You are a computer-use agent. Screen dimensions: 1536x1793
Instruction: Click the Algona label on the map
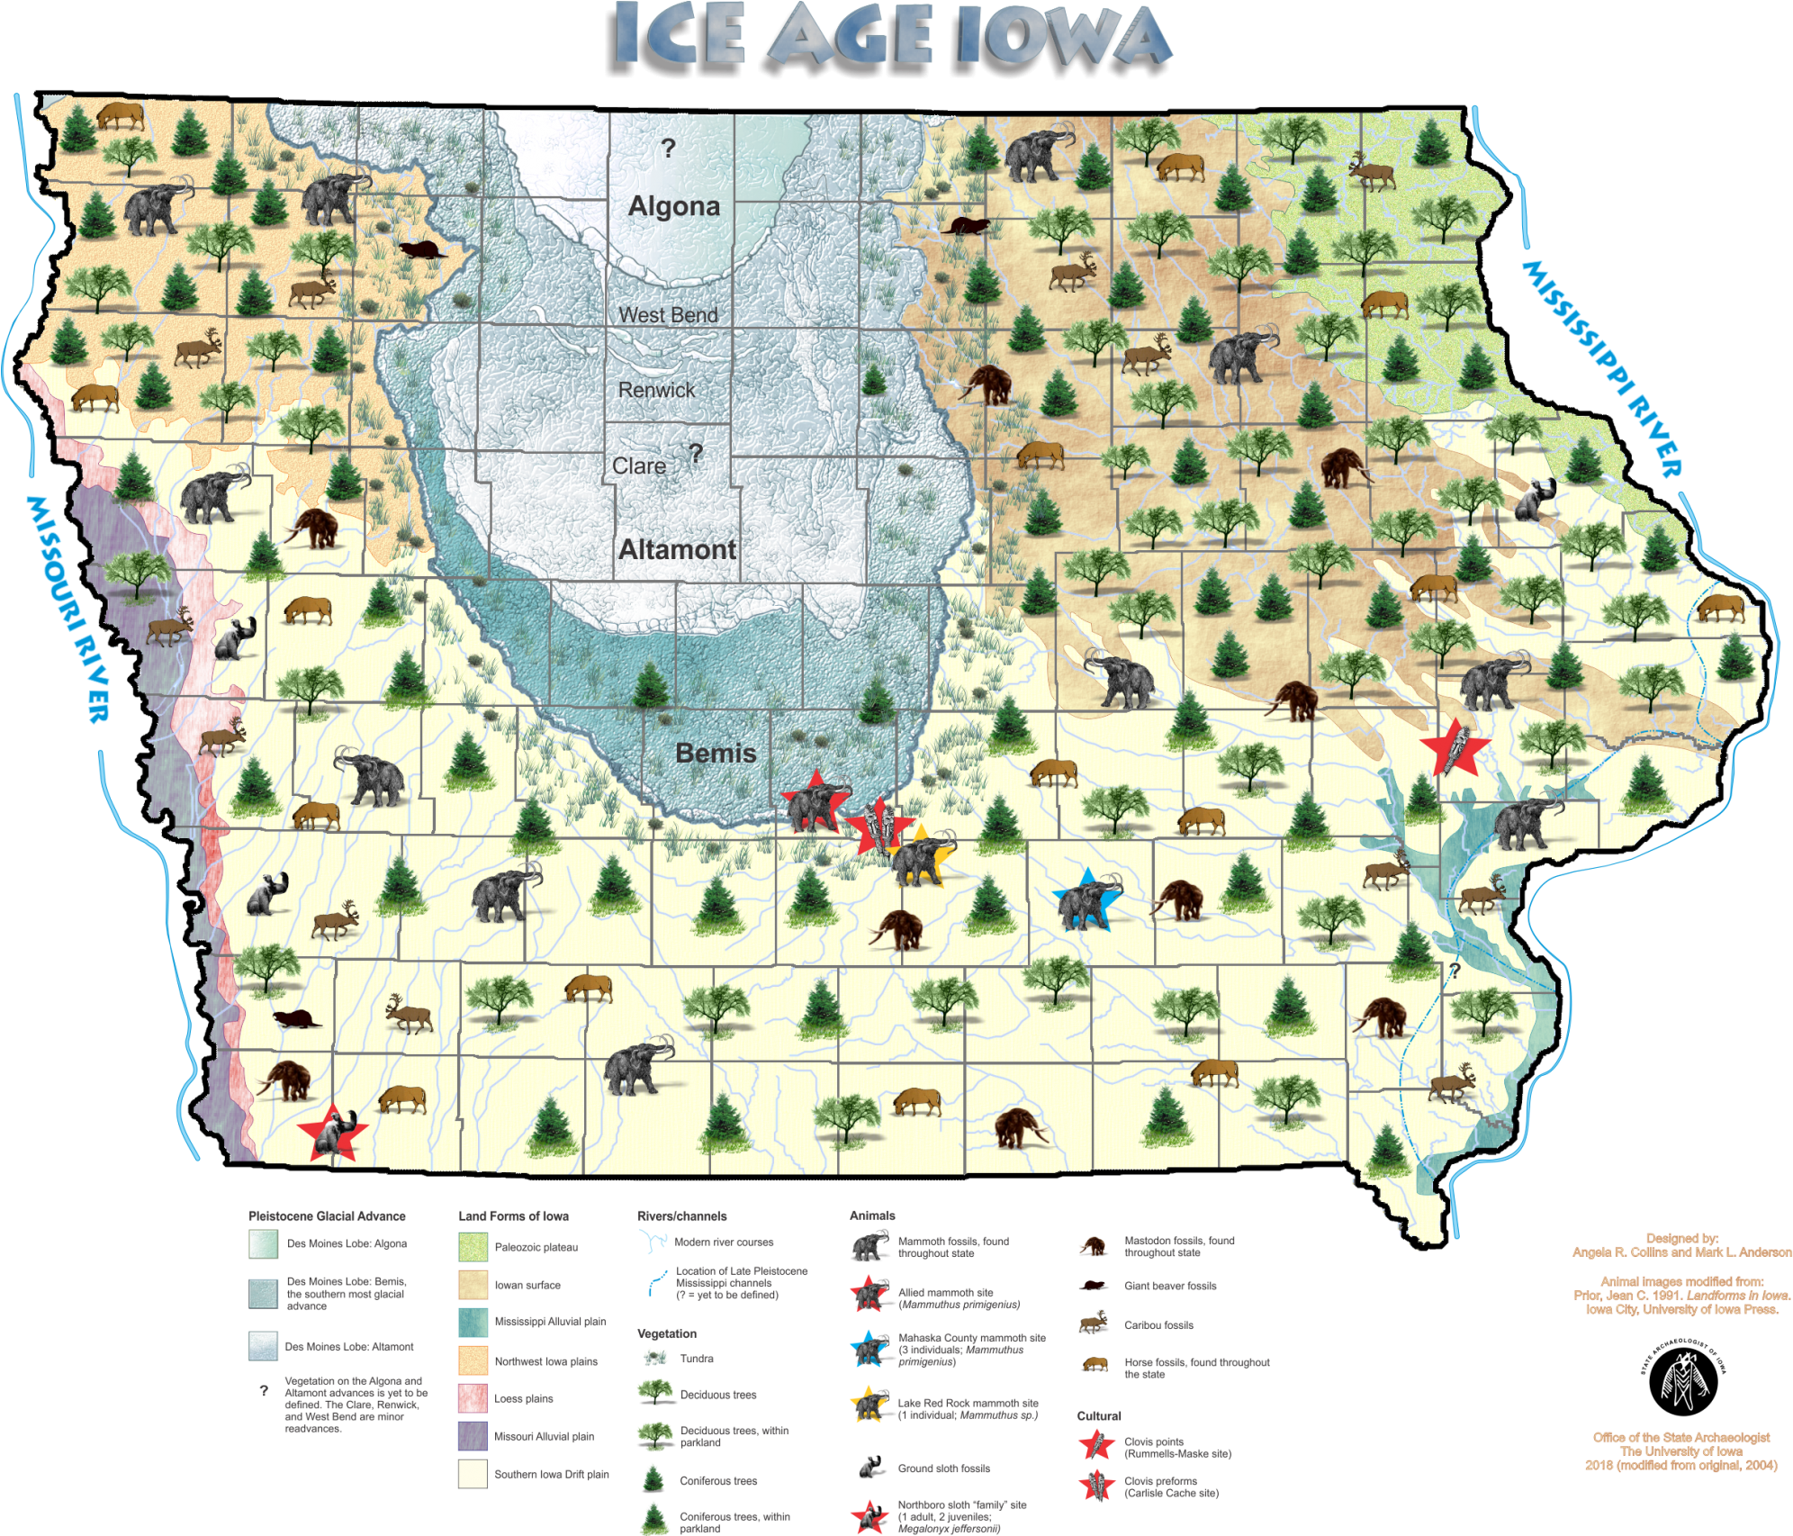[x=674, y=206]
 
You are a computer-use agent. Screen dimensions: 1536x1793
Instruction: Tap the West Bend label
[x=668, y=315]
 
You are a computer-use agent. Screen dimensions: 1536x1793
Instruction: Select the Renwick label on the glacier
[x=656, y=390]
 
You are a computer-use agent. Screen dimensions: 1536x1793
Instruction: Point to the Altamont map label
[x=677, y=549]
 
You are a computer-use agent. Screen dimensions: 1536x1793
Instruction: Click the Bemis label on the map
[x=716, y=753]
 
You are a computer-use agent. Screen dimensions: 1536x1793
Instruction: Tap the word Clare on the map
[x=639, y=465]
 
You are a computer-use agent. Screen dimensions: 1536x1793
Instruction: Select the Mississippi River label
[x=1601, y=369]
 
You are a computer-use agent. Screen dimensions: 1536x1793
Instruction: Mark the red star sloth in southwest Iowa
[x=333, y=1132]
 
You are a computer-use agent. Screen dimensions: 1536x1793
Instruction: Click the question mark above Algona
[x=668, y=149]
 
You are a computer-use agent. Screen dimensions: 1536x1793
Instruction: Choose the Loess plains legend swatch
[x=473, y=1398]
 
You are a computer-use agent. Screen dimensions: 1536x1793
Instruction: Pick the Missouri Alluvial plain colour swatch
[x=473, y=1436]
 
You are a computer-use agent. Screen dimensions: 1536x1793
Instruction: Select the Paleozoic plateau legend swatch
[x=473, y=1247]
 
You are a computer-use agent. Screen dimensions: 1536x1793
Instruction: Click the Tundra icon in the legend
[x=654, y=1357]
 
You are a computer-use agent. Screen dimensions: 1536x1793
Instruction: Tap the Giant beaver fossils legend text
[x=1170, y=1286]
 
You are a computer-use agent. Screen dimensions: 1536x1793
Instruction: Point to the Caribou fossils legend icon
[x=1093, y=1324]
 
